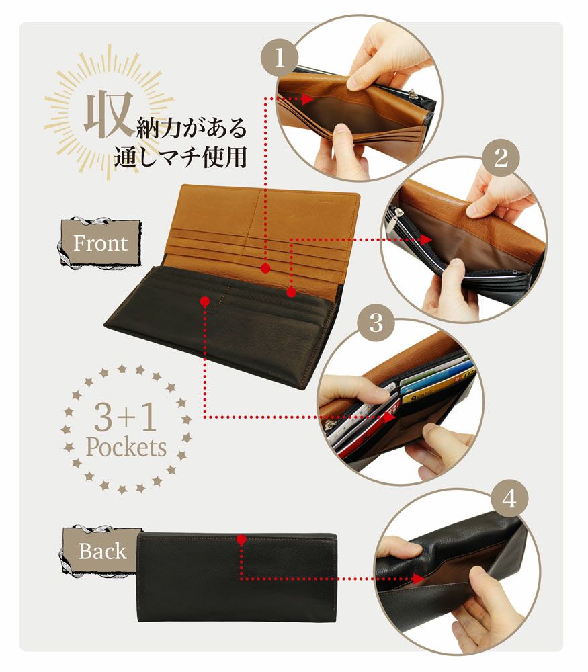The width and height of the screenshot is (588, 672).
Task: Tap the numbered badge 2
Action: [501, 158]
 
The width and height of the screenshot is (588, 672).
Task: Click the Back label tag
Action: [101, 551]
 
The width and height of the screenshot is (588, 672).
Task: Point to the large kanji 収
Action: [106, 116]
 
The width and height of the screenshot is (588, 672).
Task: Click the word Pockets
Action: [126, 447]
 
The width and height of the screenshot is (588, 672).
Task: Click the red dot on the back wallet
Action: [240, 538]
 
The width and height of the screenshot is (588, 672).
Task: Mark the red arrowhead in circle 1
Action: [308, 99]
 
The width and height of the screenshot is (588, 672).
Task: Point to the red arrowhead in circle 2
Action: [426, 239]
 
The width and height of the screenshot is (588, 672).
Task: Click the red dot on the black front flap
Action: [204, 302]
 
